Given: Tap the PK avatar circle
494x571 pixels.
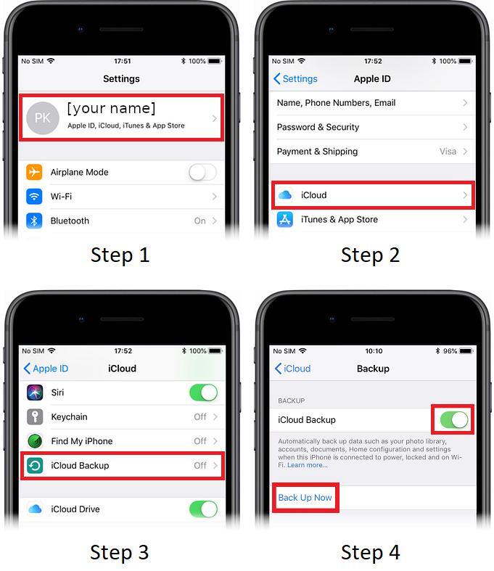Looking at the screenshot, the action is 43,118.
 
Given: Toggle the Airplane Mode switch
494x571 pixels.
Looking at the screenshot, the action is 202,172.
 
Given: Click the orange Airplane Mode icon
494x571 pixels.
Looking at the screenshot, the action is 34,172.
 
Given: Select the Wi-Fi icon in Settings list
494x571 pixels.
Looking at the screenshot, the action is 34,197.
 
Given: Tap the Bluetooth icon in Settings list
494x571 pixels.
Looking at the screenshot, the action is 34,221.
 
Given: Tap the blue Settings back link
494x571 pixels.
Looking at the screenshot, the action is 295,78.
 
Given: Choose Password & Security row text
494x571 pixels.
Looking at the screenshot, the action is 318,127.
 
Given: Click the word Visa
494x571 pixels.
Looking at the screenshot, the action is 448,152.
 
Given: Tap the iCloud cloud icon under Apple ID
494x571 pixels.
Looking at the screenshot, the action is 284,195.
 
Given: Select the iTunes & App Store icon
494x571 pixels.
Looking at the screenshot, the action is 284,220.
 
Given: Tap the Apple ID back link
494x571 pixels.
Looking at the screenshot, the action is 46,369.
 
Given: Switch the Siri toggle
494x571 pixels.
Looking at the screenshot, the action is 204,393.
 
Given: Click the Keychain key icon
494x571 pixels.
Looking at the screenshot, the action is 35,416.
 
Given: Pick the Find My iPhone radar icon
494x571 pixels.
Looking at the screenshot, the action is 35,441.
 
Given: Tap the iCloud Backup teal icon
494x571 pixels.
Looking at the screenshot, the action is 35,465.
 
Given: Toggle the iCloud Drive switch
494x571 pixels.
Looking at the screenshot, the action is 204,509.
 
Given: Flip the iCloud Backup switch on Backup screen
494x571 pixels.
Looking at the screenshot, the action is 454,420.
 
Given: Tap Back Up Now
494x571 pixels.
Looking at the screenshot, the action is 305,498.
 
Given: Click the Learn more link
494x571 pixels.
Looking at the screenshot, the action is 308,465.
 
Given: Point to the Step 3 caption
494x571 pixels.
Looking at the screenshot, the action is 120,552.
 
